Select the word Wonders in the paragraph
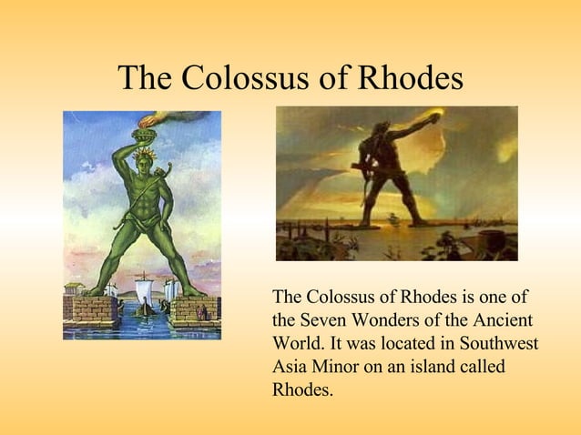(x=386, y=322)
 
